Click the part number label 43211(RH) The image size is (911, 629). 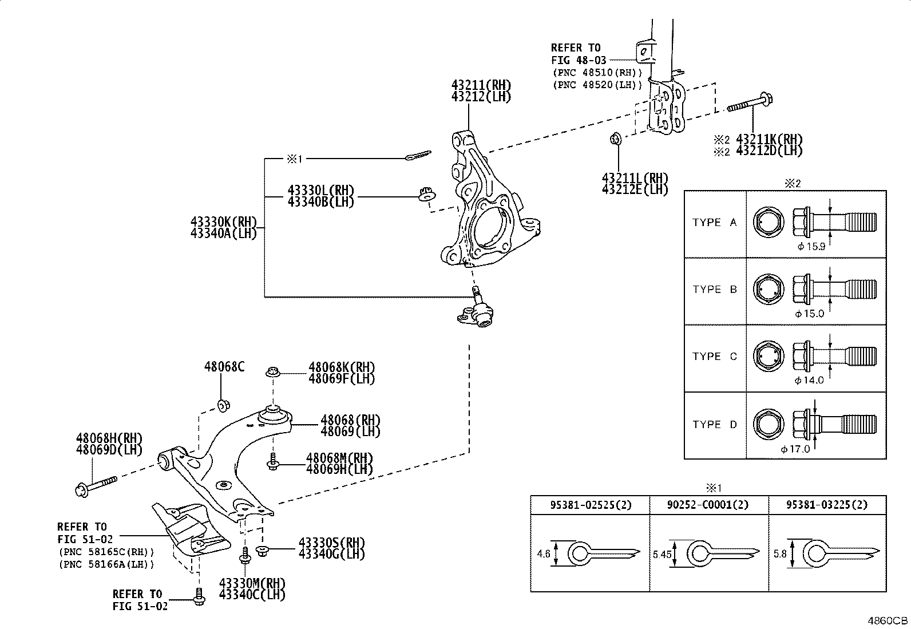coord(481,85)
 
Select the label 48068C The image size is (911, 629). coord(224,366)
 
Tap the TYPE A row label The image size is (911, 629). coord(715,222)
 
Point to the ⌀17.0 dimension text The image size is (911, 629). coord(795,449)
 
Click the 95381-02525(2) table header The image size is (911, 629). coord(591,505)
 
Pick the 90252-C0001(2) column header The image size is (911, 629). coord(708,505)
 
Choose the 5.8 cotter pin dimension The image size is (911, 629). coord(780,553)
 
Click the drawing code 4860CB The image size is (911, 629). coord(888,620)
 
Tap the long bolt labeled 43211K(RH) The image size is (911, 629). coord(750,103)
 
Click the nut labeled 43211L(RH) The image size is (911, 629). coord(616,139)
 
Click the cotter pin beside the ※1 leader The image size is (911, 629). coord(418,156)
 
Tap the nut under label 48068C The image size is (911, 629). coord(224,406)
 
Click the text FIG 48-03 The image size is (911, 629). coord(579,60)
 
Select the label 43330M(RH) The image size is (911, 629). coord(252,583)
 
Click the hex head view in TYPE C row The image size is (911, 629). coord(769,357)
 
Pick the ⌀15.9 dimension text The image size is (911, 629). coord(811,247)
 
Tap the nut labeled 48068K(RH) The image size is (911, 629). coord(273,372)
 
